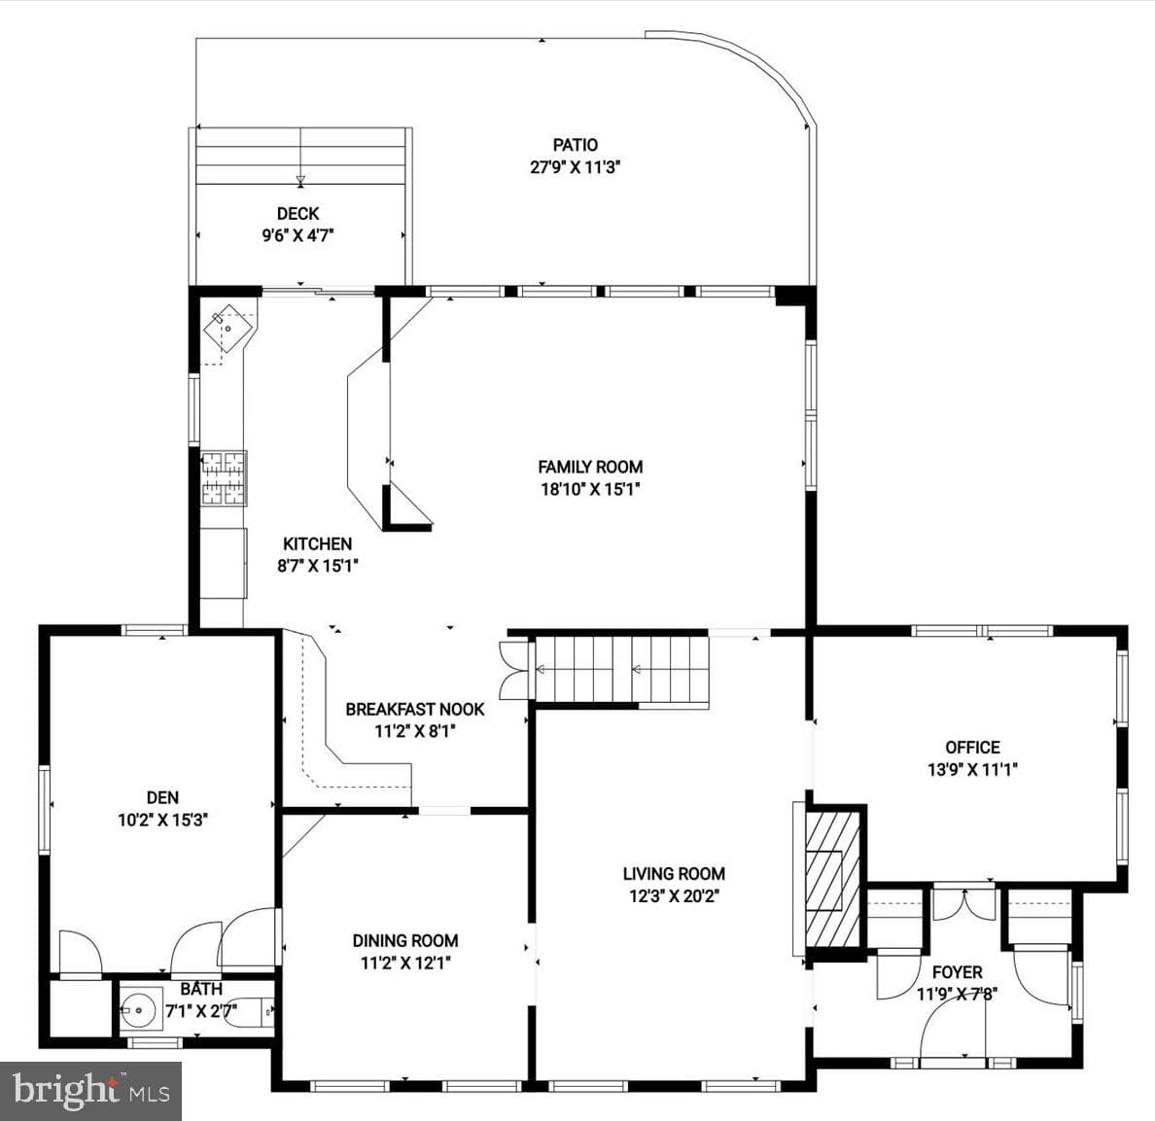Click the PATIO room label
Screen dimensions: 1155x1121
[576, 145]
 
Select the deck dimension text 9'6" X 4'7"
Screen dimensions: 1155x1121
[298, 235]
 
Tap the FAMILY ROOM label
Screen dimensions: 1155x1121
[590, 467]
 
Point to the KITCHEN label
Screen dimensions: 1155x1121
[318, 544]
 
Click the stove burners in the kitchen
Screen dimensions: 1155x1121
[224, 478]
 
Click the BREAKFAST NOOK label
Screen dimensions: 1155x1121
[415, 710]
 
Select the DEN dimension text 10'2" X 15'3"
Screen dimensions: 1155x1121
[162, 820]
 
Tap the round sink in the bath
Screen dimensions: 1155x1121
[139, 1009]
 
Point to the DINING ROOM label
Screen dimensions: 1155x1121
[405, 940]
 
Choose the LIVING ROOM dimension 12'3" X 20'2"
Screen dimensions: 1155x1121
[673, 896]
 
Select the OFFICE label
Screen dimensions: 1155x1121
[972, 748]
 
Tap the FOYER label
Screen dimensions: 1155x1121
[957, 972]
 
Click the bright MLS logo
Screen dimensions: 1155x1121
[90, 1091]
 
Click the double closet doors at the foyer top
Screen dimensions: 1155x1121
[964, 904]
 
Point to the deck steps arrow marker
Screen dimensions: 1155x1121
[299, 180]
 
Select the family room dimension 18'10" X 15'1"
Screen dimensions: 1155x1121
[590, 489]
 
